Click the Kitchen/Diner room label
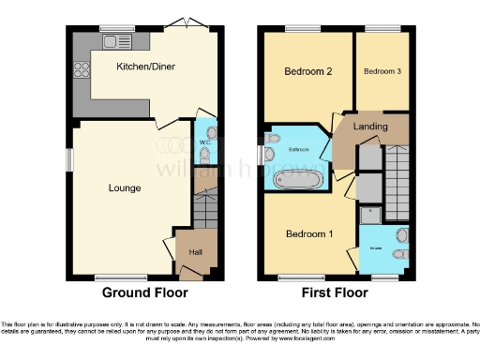click(145, 67)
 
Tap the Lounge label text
click(124, 188)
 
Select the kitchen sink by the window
click(117, 41)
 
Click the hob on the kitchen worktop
click(79, 68)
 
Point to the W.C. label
click(203, 142)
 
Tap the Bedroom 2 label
click(307, 71)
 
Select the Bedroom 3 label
click(382, 71)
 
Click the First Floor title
click(336, 292)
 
